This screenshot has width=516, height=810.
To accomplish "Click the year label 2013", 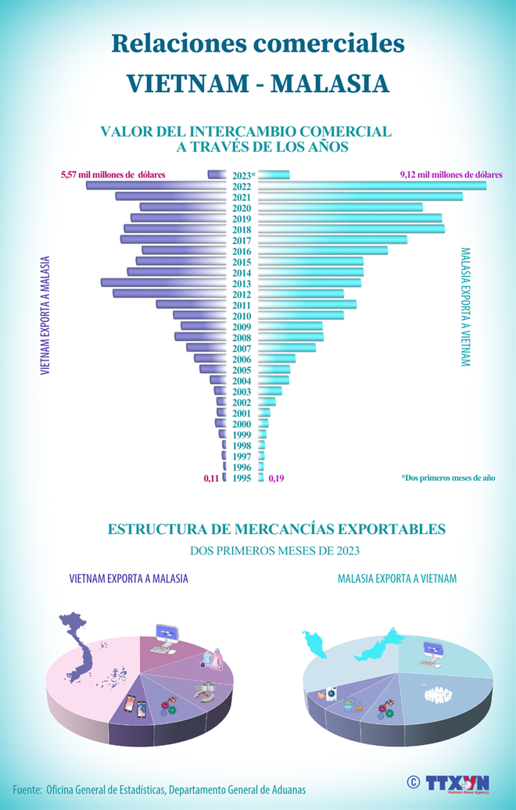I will (x=242, y=283).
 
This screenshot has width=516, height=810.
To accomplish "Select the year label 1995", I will (x=242, y=478).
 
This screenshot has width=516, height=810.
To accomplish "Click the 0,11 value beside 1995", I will (x=210, y=478).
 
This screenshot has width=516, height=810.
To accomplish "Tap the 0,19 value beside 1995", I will (x=276, y=478).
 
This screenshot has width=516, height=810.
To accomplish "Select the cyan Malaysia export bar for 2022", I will (x=372, y=185).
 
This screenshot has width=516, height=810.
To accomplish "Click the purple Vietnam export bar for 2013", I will (x=164, y=282).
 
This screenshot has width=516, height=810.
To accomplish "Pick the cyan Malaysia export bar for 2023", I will (x=274, y=175).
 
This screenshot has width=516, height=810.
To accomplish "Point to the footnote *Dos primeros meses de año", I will (x=457, y=477).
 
